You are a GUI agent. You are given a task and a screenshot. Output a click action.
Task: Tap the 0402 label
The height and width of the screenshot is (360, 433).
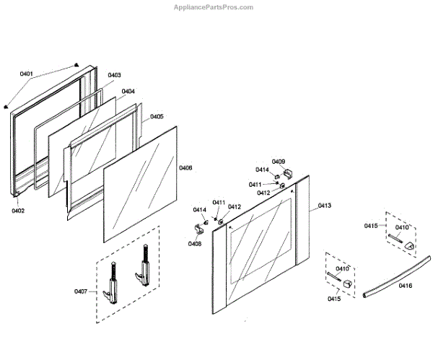18,211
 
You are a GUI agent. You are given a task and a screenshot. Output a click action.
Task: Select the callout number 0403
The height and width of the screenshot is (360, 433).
115,76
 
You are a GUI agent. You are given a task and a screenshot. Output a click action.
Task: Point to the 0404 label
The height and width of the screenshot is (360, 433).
128,92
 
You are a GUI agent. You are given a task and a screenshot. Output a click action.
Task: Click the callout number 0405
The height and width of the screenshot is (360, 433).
157,116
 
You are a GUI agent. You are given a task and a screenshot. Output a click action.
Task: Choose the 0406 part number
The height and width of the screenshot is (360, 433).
185,167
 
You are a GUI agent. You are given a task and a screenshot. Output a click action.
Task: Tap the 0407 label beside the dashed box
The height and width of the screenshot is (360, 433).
81,291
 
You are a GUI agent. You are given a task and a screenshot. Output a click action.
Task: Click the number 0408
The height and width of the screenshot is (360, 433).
195,244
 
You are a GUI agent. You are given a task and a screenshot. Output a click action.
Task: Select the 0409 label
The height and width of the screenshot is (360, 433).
278,162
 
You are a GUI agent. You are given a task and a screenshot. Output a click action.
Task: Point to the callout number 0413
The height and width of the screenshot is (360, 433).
324,206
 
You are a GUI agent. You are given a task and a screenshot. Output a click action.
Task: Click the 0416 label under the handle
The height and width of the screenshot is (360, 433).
405,286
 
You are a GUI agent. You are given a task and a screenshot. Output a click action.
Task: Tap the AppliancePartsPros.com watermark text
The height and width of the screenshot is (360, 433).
214,7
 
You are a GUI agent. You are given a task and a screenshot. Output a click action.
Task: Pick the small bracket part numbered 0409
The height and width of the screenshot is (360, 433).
287,174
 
